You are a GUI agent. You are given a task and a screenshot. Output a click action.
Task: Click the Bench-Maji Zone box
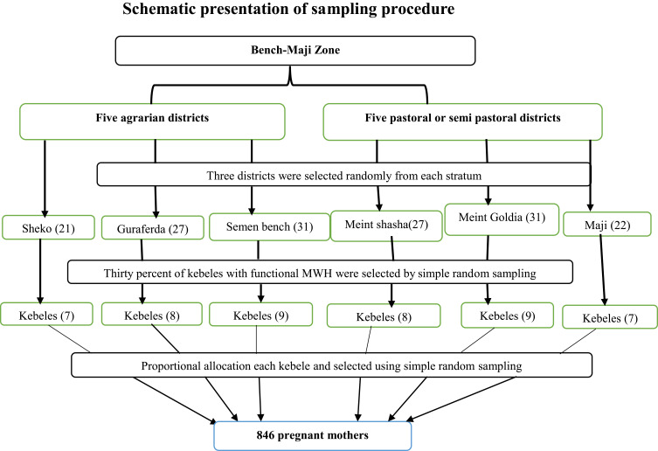pos(295,51)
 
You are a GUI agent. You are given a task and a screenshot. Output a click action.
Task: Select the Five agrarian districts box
pos(152,121)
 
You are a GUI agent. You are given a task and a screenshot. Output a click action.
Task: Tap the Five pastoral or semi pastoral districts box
pos(463,121)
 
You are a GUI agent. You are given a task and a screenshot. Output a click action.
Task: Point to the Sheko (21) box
pos(48,227)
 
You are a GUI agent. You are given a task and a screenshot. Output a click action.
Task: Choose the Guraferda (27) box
pos(153,228)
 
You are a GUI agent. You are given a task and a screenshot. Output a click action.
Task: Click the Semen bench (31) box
pos(269,226)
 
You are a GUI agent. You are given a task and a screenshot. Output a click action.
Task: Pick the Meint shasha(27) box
pos(386,225)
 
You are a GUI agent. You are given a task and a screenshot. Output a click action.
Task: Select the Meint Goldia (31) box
pos(502,219)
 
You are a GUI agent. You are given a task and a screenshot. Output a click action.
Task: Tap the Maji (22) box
pos(607,225)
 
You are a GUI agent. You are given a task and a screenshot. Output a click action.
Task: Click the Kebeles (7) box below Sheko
pos(46,314)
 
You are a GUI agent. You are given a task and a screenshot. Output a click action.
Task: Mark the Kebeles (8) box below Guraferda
pos(152,314)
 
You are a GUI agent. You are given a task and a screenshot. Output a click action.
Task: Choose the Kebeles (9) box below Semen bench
pos(261,315)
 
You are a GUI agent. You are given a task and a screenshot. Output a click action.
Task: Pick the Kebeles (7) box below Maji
pos(610,317)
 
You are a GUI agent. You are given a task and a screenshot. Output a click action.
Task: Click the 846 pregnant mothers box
pos(313,436)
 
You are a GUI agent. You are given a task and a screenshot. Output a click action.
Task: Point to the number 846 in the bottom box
pos(266,435)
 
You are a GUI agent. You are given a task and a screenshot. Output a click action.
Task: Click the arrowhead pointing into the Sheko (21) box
pos(45,213)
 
